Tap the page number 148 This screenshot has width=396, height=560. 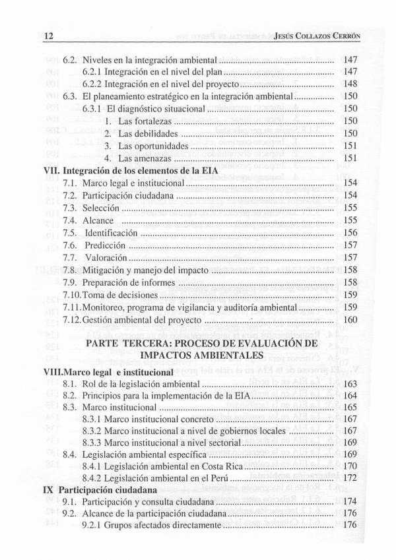(350, 84)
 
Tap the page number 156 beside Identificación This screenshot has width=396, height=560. (350, 233)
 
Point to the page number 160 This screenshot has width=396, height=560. (350, 320)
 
